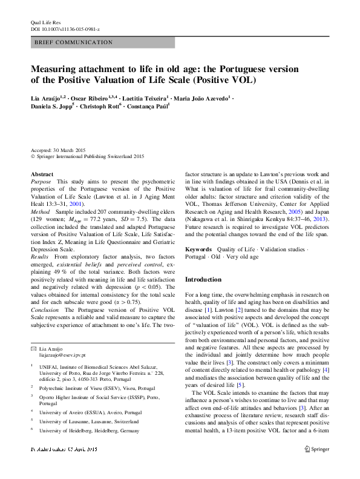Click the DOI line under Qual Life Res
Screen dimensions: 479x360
coord(65,28)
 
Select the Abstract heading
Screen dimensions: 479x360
coord(42,174)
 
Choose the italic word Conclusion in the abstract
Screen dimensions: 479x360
coord(45,309)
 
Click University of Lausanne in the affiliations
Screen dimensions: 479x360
coord(77,420)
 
